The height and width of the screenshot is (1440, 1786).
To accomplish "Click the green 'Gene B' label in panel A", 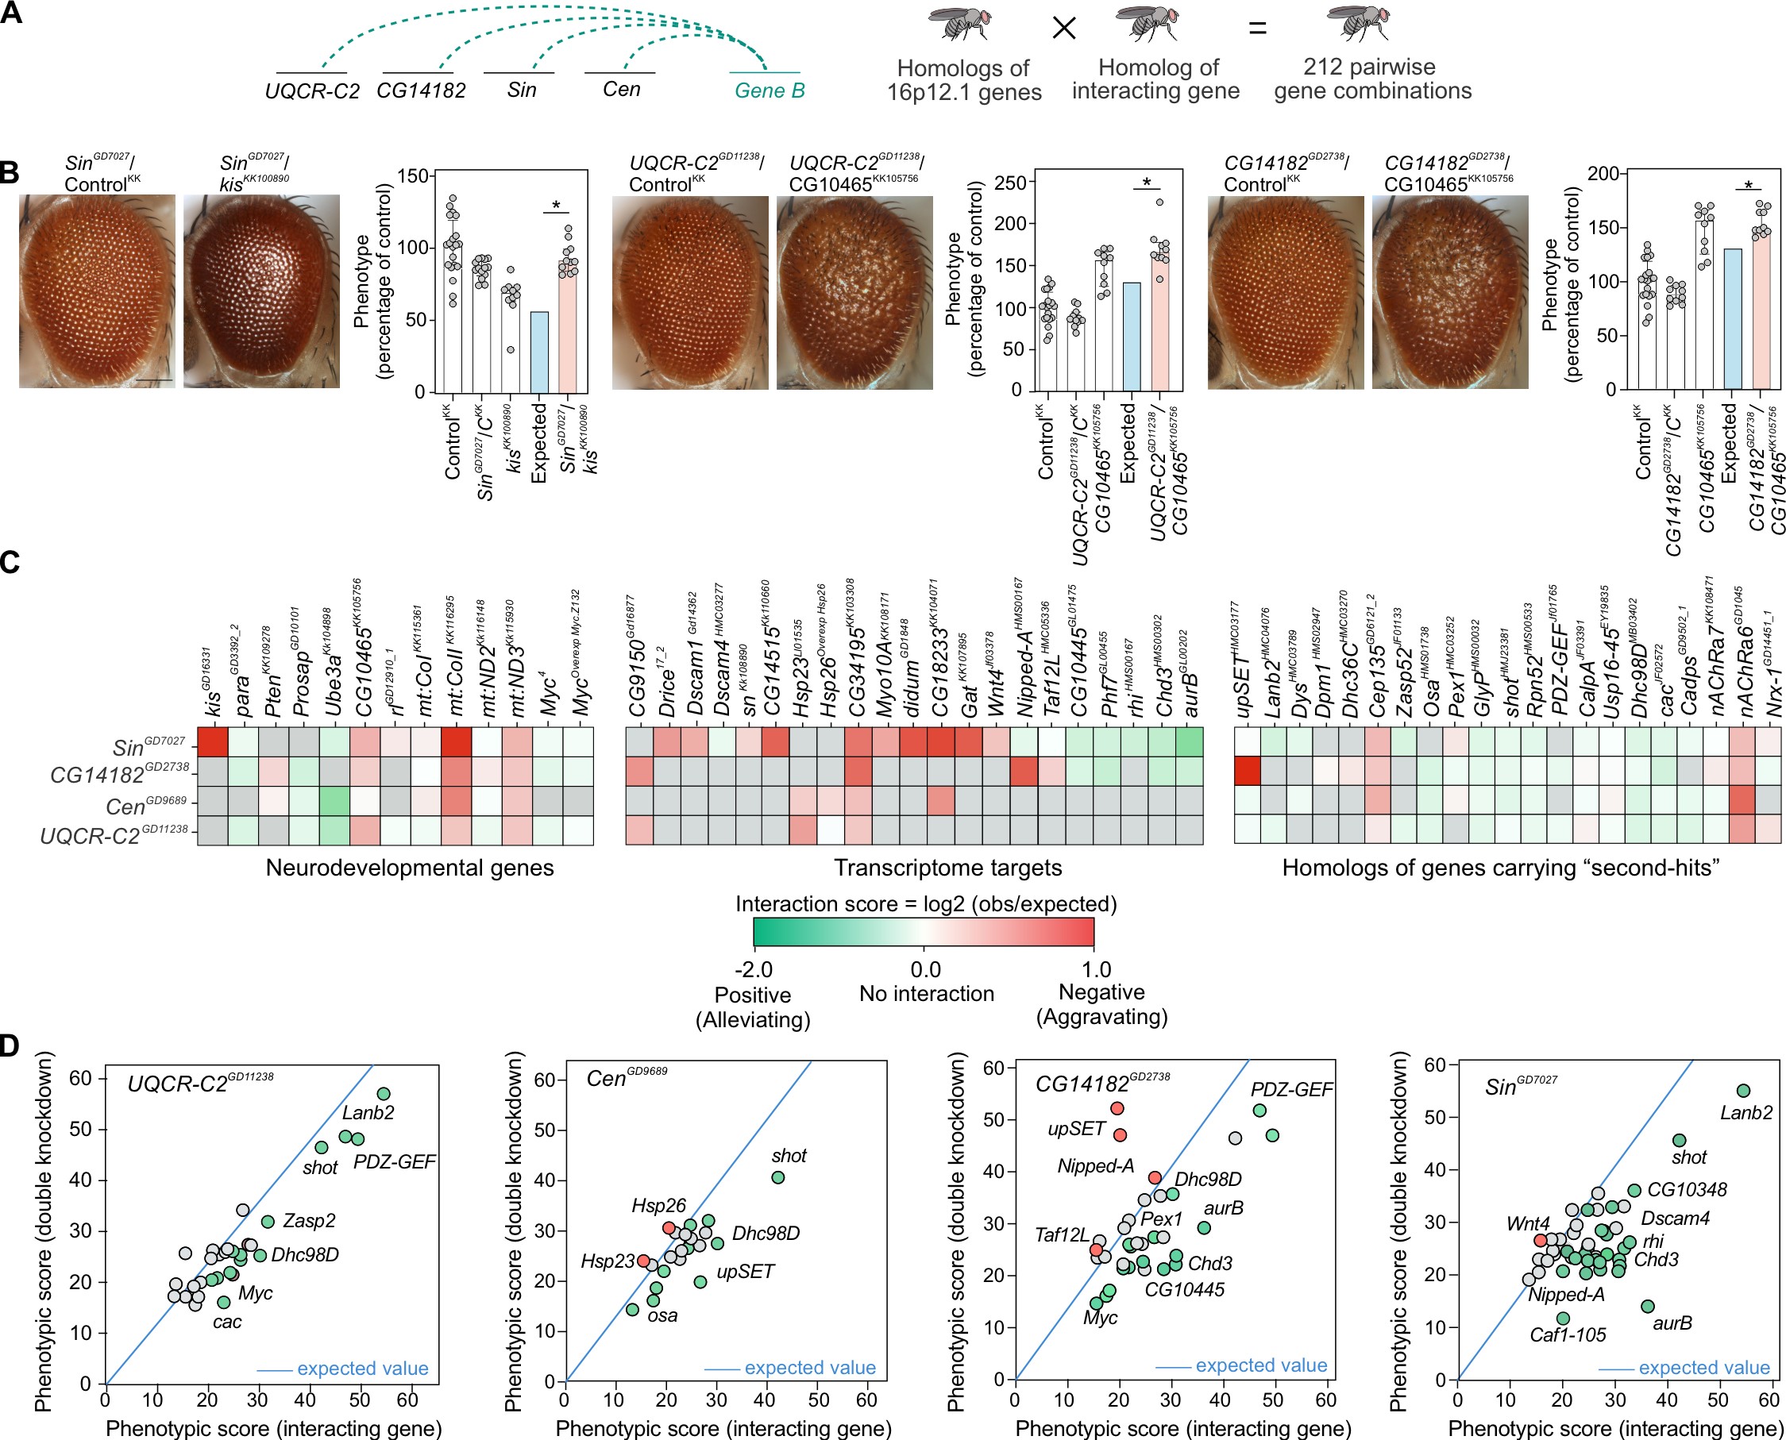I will (x=770, y=90).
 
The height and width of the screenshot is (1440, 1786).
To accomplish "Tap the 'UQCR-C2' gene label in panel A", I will (x=312, y=91).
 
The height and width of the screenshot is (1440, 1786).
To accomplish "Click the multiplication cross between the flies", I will (x=1064, y=29).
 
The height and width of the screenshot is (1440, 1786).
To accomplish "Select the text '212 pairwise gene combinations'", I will (x=1373, y=79).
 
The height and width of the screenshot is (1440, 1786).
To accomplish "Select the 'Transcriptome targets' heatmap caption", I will (x=947, y=868).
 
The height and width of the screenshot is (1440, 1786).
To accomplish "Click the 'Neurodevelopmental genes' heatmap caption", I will (x=409, y=868).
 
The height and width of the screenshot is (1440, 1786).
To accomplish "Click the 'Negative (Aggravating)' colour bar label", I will (x=1101, y=1004).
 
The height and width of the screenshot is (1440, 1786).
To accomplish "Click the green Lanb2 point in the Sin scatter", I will (x=1743, y=1091).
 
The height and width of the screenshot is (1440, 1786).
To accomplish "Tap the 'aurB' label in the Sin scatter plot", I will (x=1672, y=1323).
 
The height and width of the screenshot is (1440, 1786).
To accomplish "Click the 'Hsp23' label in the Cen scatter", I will (x=608, y=1261).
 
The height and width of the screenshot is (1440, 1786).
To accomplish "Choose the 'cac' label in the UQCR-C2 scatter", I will (x=226, y=1323).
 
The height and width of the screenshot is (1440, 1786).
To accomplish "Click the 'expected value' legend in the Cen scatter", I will (x=809, y=1368).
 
